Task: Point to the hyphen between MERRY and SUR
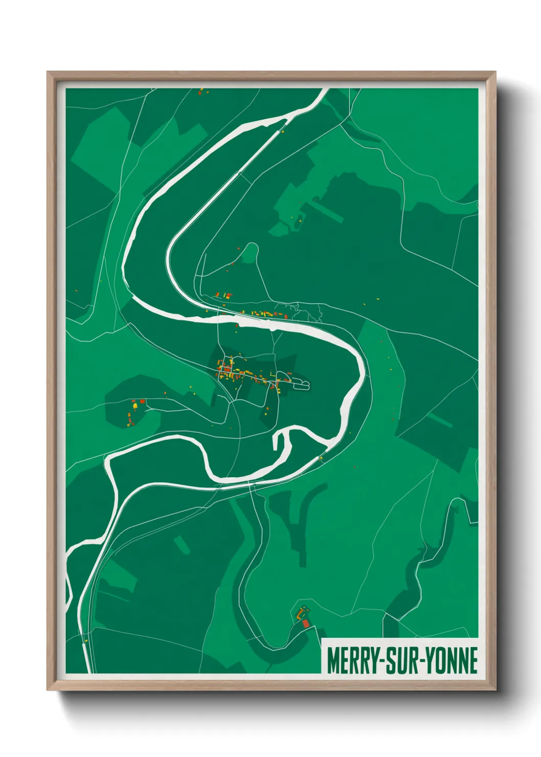381,661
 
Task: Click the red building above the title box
306,623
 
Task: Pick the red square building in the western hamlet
142,402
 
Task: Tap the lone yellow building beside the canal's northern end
281,131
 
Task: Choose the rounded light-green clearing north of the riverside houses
250,253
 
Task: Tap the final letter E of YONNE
472,660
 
